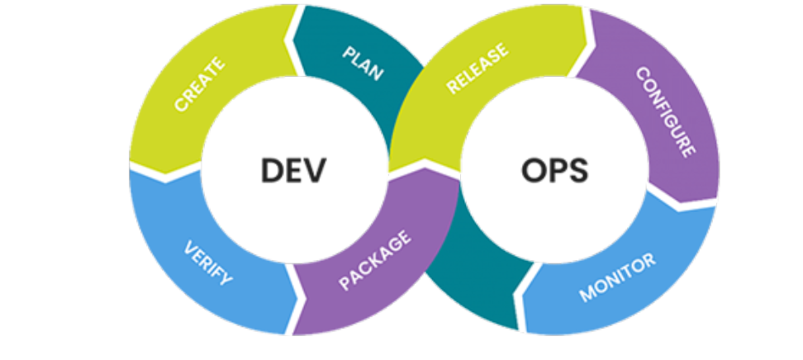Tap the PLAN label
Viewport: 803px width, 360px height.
tap(362, 62)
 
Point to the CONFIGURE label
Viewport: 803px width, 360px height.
tap(664, 111)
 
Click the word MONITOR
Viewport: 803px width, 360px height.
tap(617, 277)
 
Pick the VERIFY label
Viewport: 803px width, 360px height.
tap(208, 263)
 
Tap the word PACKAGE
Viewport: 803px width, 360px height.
tap(374, 263)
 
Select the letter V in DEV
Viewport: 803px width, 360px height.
tap(316, 171)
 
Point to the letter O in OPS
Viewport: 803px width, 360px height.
tap(534, 171)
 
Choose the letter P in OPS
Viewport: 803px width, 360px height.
tap(556, 171)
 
